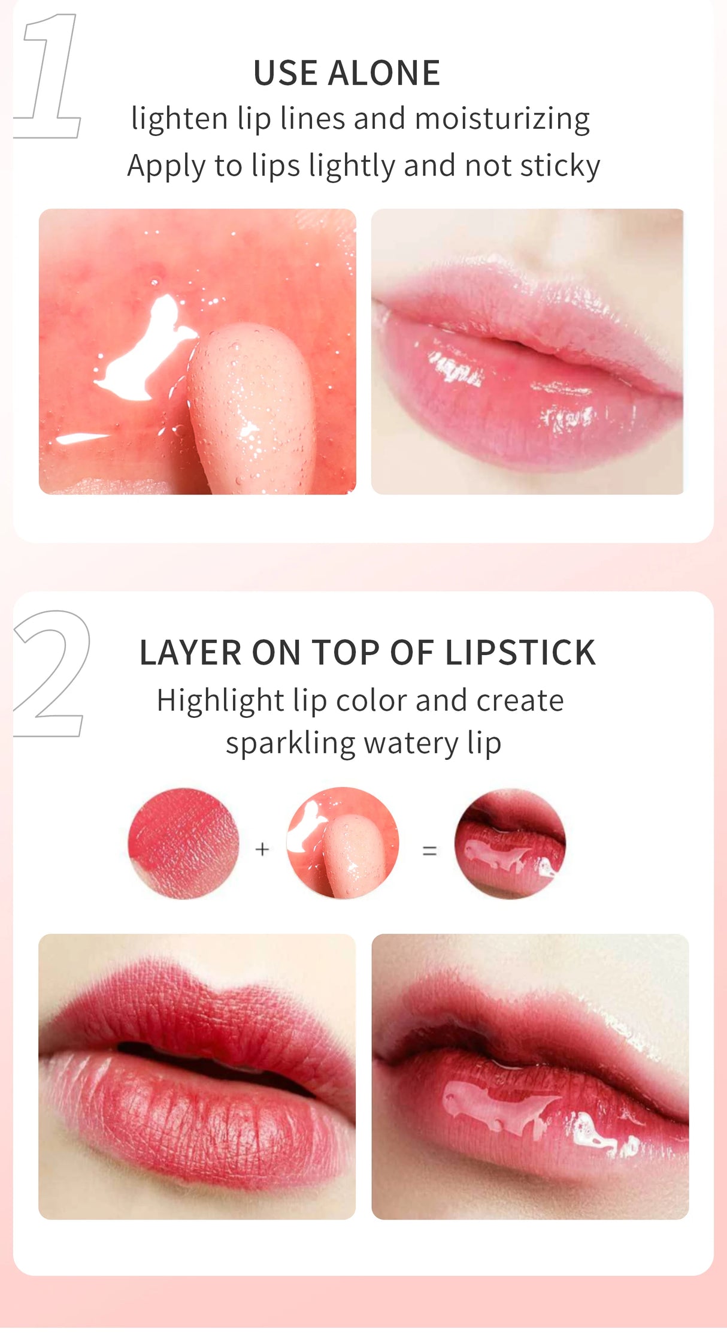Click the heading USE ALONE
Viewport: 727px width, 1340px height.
tap(347, 73)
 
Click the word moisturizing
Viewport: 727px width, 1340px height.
tap(502, 119)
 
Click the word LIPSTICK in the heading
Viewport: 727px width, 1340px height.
tap(520, 653)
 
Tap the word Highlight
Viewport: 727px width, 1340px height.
tap(220, 701)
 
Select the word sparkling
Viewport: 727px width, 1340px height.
tap(290, 744)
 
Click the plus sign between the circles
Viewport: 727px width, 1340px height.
tap(262, 849)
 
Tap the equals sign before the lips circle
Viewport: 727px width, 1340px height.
tap(429, 850)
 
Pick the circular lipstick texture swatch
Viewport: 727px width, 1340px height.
tap(183, 843)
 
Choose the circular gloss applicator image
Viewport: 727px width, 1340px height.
tap(343, 843)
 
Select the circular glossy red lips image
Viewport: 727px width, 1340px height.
tap(510, 843)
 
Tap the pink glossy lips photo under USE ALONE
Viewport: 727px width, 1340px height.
tap(527, 352)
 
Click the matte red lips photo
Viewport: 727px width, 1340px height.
tap(197, 1077)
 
